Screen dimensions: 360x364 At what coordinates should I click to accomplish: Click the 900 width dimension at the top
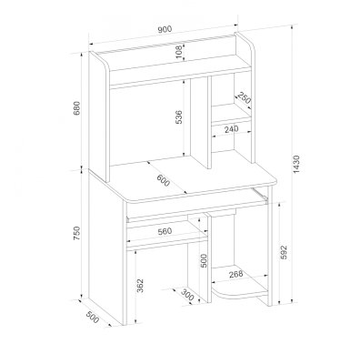coord(165,29)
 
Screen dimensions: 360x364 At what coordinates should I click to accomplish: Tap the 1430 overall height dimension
coord(296,164)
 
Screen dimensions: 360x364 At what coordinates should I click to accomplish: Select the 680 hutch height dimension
coord(77,107)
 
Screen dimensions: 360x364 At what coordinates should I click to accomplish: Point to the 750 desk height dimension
coord(77,233)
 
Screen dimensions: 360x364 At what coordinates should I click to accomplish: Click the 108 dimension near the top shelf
coord(179,52)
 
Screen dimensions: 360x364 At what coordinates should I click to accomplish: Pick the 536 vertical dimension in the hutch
coord(179,117)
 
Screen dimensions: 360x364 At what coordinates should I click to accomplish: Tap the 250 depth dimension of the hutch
coord(245,97)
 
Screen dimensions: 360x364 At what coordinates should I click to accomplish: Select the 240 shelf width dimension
coord(231,129)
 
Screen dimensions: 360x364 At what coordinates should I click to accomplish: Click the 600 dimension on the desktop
coord(164,181)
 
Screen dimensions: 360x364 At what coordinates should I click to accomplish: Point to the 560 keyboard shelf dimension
coord(165,231)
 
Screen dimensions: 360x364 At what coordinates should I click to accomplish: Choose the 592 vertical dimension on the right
coord(284,252)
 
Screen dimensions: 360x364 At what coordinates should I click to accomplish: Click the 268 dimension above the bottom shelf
coord(235,274)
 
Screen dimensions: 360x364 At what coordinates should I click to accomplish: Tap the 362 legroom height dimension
coord(140,286)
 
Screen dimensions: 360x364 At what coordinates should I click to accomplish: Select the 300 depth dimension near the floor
coord(187,295)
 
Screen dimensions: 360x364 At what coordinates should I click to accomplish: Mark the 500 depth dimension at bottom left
coord(93,317)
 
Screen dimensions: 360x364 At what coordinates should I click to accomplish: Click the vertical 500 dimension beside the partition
coord(204,260)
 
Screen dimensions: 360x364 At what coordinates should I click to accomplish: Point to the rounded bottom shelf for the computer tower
coord(239,288)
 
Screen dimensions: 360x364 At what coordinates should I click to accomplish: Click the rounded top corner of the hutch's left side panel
coord(103,63)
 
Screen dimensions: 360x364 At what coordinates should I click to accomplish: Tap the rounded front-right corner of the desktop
coord(274,181)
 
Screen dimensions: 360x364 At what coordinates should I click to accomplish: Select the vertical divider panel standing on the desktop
coord(199,122)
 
